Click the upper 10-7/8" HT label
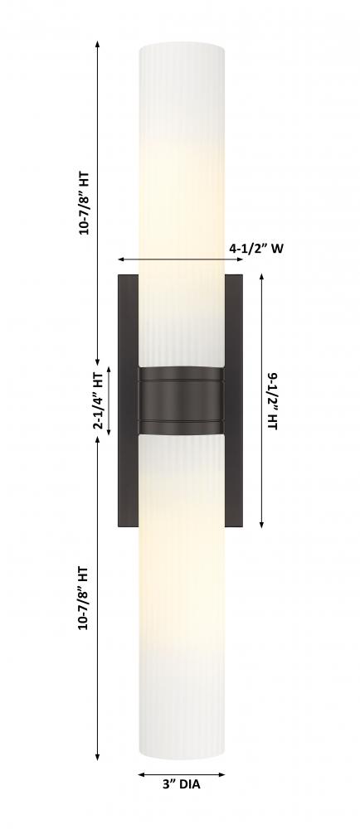84,203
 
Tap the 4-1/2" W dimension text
256,248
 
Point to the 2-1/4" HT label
99,400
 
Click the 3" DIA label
181,784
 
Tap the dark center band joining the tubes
181,400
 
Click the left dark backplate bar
128,400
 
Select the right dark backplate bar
234,400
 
